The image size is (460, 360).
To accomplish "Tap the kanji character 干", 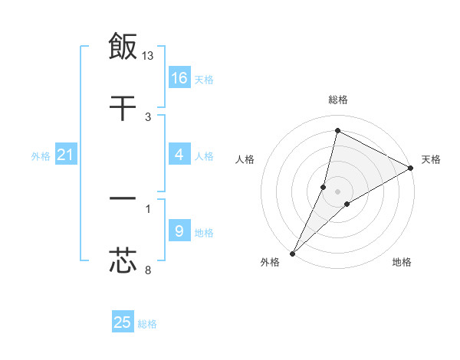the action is [123, 109].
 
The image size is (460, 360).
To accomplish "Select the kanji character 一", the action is [123, 199].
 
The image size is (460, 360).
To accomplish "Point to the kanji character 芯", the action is [123, 260].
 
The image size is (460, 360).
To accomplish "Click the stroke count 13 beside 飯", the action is [149, 55].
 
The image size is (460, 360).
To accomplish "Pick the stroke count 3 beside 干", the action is [148, 117].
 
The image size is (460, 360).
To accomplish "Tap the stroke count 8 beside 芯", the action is [148, 270].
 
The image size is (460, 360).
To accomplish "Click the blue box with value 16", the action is [179, 78].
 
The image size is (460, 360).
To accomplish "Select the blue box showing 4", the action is [179, 155].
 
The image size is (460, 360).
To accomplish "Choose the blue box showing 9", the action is [179, 231].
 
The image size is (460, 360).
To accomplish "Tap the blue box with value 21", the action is [66, 155].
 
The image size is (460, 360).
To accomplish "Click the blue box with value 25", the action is [123, 322].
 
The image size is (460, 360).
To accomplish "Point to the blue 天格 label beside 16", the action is [204, 79].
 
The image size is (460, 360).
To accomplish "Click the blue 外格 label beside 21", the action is [41, 156].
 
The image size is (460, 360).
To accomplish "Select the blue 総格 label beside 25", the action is [148, 324].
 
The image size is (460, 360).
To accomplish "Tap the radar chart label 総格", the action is [338, 100].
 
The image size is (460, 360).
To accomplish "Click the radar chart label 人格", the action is [245, 159].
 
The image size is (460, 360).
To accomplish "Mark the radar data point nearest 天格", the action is [411, 169].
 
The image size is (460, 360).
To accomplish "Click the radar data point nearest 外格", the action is [292, 254].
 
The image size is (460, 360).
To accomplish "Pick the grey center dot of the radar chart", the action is [338, 191].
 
